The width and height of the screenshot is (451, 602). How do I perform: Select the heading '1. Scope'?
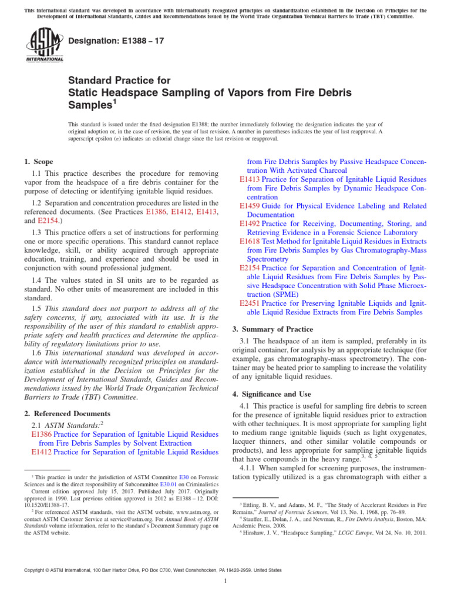click(x=38, y=162)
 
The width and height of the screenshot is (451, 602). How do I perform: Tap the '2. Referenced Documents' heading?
click(x=67, y=413)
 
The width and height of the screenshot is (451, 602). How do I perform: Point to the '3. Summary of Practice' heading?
click(x=273, y=329)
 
